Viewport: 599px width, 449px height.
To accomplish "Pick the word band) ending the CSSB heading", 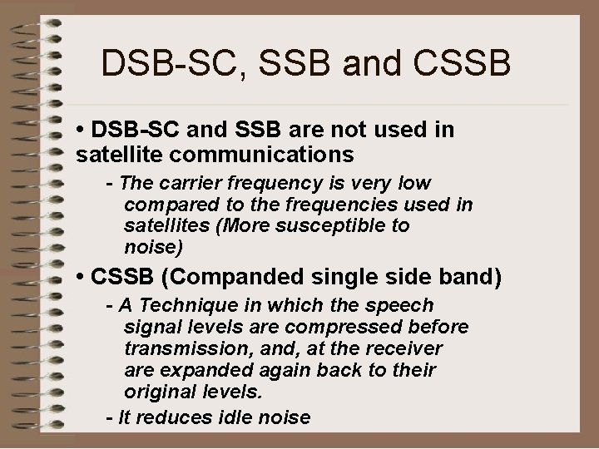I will point(473,277).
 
